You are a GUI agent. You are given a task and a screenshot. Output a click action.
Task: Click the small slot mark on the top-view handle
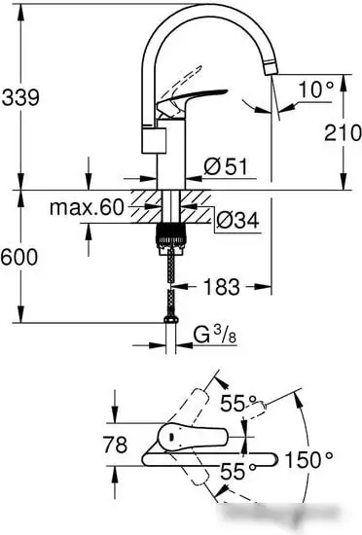(172, 438)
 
